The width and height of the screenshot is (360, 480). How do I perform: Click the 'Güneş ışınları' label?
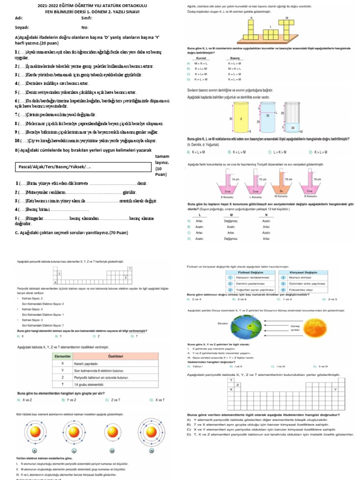pyautogui.click(x=295, y=328)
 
